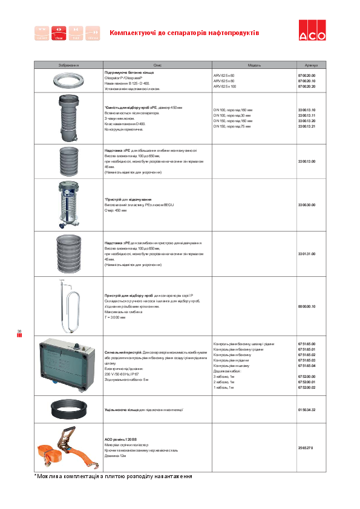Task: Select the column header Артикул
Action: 312,65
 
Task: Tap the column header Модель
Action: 254,65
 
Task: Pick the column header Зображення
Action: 68,65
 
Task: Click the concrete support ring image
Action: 68,80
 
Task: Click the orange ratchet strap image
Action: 68,447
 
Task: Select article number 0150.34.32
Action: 307,410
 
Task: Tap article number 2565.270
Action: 306,447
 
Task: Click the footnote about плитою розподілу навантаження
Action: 113,476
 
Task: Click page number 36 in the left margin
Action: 19,331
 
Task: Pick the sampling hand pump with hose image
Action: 68,306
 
